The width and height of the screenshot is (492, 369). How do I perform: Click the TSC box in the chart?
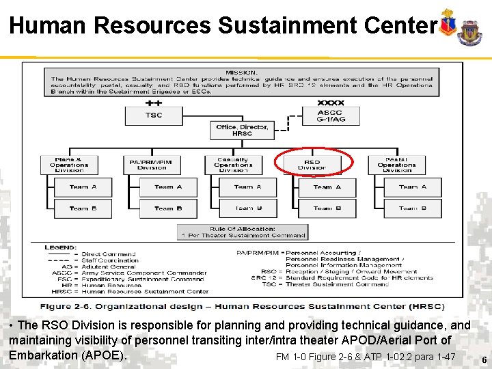pos(154,115)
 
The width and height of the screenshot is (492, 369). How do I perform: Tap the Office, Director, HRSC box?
pos(243,131)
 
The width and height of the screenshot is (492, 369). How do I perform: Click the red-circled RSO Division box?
pos(312,165)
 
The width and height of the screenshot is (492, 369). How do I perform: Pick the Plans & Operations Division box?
pos(69,165)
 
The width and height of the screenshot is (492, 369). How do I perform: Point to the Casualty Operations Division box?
pos(233,165)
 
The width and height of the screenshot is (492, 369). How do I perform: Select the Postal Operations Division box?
pos(396,165)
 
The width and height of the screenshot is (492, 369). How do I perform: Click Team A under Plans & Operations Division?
pos(83,187)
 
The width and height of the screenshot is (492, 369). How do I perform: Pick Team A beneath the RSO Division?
pos(327,187)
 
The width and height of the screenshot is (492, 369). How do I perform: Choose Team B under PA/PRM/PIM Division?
pos(168,208)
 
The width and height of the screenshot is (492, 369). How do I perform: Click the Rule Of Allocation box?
pos(243,232)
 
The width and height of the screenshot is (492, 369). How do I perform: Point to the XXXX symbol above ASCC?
pos(331,102)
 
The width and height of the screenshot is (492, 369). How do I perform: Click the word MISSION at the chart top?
pos(242,72)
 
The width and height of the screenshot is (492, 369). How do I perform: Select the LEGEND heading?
pos(61,247)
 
